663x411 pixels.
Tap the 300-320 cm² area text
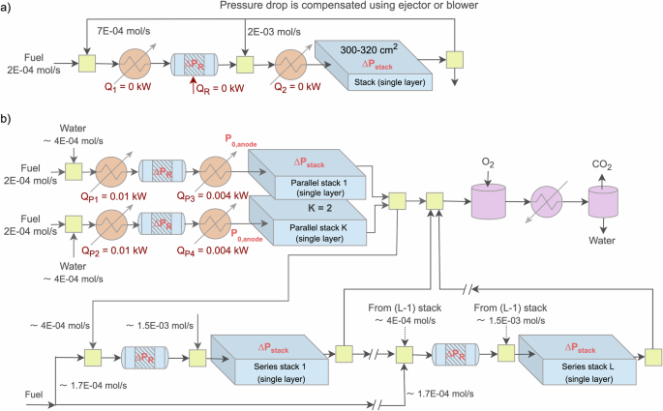click(361, 49)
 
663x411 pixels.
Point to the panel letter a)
click(9, 9)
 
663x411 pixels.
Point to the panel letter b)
click(9, 123)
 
